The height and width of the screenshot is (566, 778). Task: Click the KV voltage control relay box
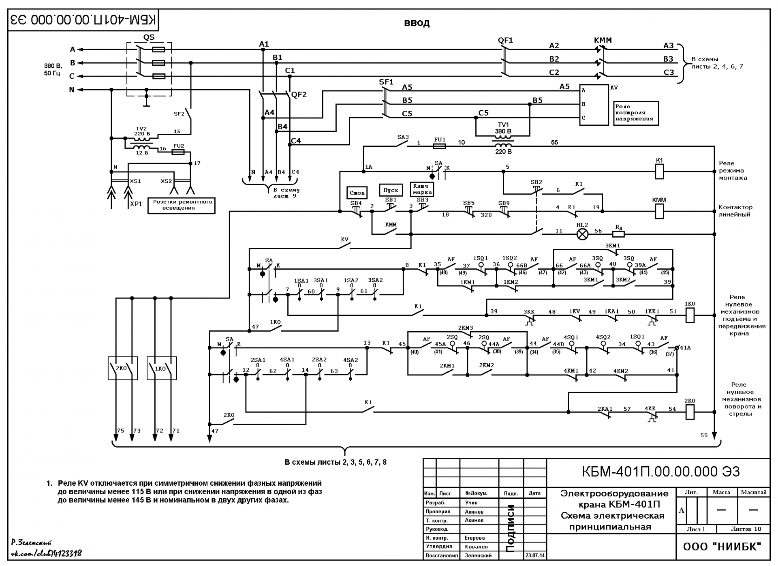[594, 105]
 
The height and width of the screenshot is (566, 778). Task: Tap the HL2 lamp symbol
[582, 234]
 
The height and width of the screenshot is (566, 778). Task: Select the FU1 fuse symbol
[440, 146]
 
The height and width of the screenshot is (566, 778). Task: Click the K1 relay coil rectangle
[659, 172]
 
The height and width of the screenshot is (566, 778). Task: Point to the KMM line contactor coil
[659, 211]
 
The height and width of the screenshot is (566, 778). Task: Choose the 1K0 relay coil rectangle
[690, 315]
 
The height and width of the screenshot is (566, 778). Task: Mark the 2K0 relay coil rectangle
[690, 412]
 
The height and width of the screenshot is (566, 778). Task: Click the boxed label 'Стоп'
[357, 193]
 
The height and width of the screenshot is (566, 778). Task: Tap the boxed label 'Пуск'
[391, 190]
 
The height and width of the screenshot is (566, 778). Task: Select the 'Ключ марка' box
[422, 189]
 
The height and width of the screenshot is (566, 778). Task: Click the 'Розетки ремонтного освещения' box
[181, 205]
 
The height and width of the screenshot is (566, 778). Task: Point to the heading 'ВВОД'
[417, 23]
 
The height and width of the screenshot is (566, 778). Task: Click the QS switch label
[149, 37]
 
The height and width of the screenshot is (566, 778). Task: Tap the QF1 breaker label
[505, 40]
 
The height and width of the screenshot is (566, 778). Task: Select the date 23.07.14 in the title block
[535, 555]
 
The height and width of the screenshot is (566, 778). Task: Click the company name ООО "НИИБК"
[722, 547]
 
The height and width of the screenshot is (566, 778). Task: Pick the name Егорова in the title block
[475, 538]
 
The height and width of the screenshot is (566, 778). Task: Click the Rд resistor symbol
[618, 234]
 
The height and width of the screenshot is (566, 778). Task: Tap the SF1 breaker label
[386, 82]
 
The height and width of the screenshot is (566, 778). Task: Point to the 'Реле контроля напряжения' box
[636, 113]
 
